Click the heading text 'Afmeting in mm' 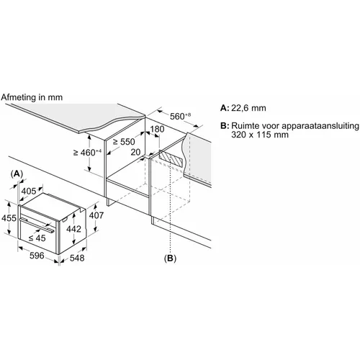tap(32, 97)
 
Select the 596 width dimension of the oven tap(37, 256)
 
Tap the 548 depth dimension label tap(77, 258)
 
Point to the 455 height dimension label tap(9, 218)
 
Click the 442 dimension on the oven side tap(73, 229)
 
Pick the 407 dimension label tap(96, 215)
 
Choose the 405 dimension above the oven tap(29, 192)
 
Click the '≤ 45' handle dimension tap(37, 238)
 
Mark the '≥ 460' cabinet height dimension tap(88, 152)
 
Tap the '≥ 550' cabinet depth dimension tap(124, 142)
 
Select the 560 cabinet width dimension tap(180, 116)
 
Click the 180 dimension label tap(157, 129)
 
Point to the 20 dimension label tap(135, 152)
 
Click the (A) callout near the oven tap(17, 174)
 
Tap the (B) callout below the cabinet tap(170, 258)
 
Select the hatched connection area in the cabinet tap(171, 159)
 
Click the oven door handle tap(37, 225)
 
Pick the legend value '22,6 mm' tap(248, 108)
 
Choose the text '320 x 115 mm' tap(260, 135)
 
